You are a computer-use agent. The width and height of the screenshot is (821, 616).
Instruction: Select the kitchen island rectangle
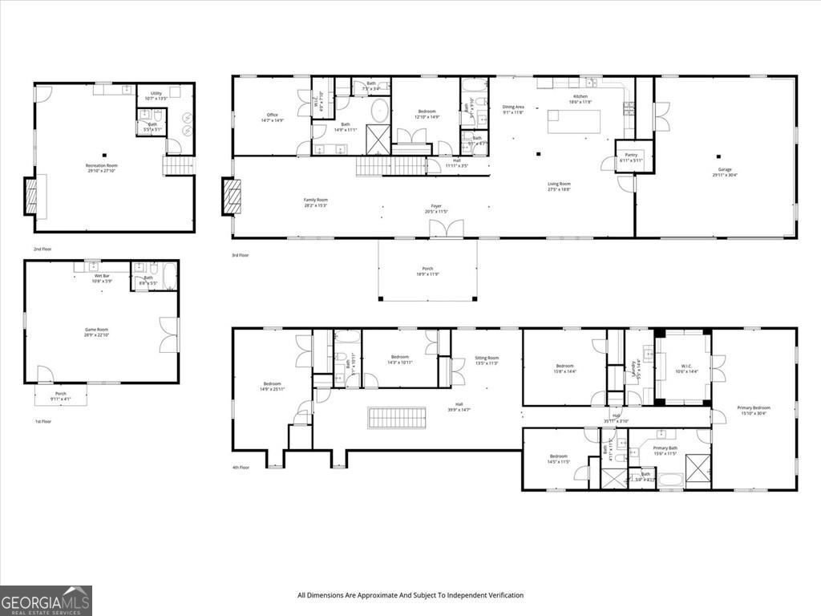574,121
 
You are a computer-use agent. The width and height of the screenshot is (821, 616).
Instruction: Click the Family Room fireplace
231,197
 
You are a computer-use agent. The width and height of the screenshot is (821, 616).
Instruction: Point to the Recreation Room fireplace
30,197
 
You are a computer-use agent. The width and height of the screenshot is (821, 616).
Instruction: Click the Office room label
273,118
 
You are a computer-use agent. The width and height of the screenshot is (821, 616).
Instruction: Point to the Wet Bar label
102,278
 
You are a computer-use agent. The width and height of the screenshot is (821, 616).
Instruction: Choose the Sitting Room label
487,360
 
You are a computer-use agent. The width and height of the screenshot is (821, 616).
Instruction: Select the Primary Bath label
665,451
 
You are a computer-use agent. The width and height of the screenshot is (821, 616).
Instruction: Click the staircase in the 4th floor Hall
394,418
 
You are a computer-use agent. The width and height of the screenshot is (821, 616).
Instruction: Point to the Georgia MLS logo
46,600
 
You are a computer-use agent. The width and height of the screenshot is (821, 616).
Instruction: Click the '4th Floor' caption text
241,467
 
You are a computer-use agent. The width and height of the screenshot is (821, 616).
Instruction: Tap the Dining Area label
513,109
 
